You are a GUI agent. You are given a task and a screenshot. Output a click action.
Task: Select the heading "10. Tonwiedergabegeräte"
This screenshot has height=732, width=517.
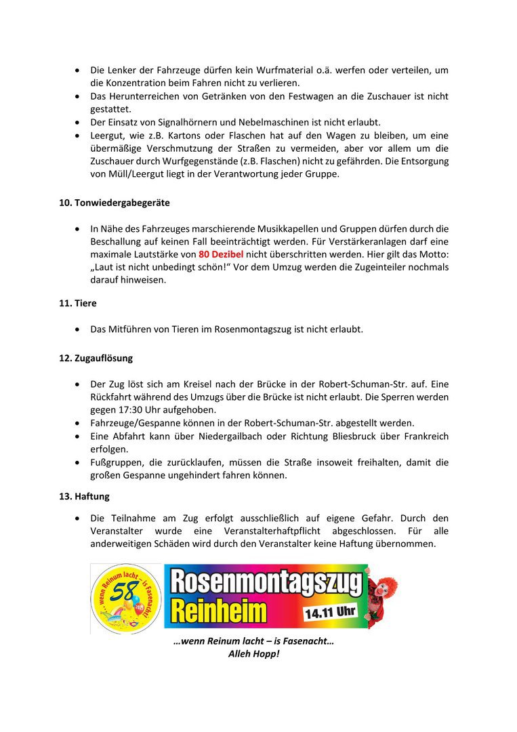coord(115,203)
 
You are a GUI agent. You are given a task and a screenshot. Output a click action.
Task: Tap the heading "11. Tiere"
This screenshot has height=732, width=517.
coord(78,304)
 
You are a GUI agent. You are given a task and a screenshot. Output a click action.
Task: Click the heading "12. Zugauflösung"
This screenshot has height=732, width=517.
coord(96,357)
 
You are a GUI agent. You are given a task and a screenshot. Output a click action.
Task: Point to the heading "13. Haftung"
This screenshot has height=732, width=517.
coord(85,497)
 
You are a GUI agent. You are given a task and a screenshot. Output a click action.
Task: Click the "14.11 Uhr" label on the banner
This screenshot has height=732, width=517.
coord(330,612)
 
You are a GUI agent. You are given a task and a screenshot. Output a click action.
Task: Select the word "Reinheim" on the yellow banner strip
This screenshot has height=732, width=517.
coord(219,613)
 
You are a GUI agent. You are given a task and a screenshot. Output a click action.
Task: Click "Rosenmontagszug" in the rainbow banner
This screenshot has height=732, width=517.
coord(266,582)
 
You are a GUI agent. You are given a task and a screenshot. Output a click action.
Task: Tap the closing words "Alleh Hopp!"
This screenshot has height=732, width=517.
coord(253,655)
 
